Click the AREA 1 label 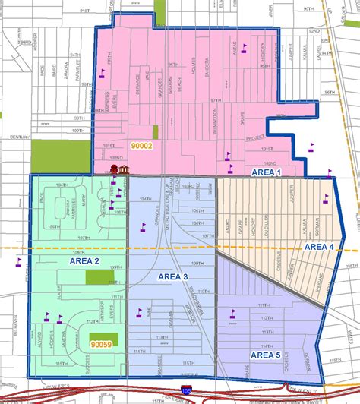point(268,172)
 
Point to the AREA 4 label point(318,246)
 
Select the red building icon point(115,168)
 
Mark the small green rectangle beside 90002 point(156,131)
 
